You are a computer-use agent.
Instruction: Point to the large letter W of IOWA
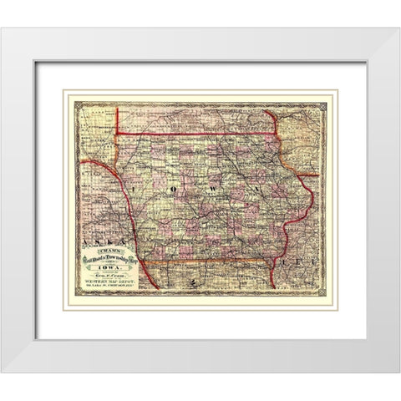pyautogui.click(x=215, y=190)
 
